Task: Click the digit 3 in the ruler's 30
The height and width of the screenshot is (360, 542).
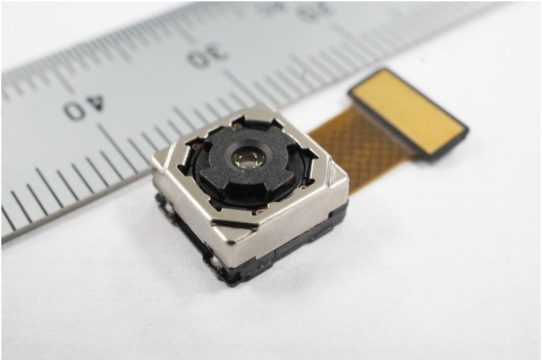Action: [217, 54]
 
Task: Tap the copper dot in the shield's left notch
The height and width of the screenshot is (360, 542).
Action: [197, 146]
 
